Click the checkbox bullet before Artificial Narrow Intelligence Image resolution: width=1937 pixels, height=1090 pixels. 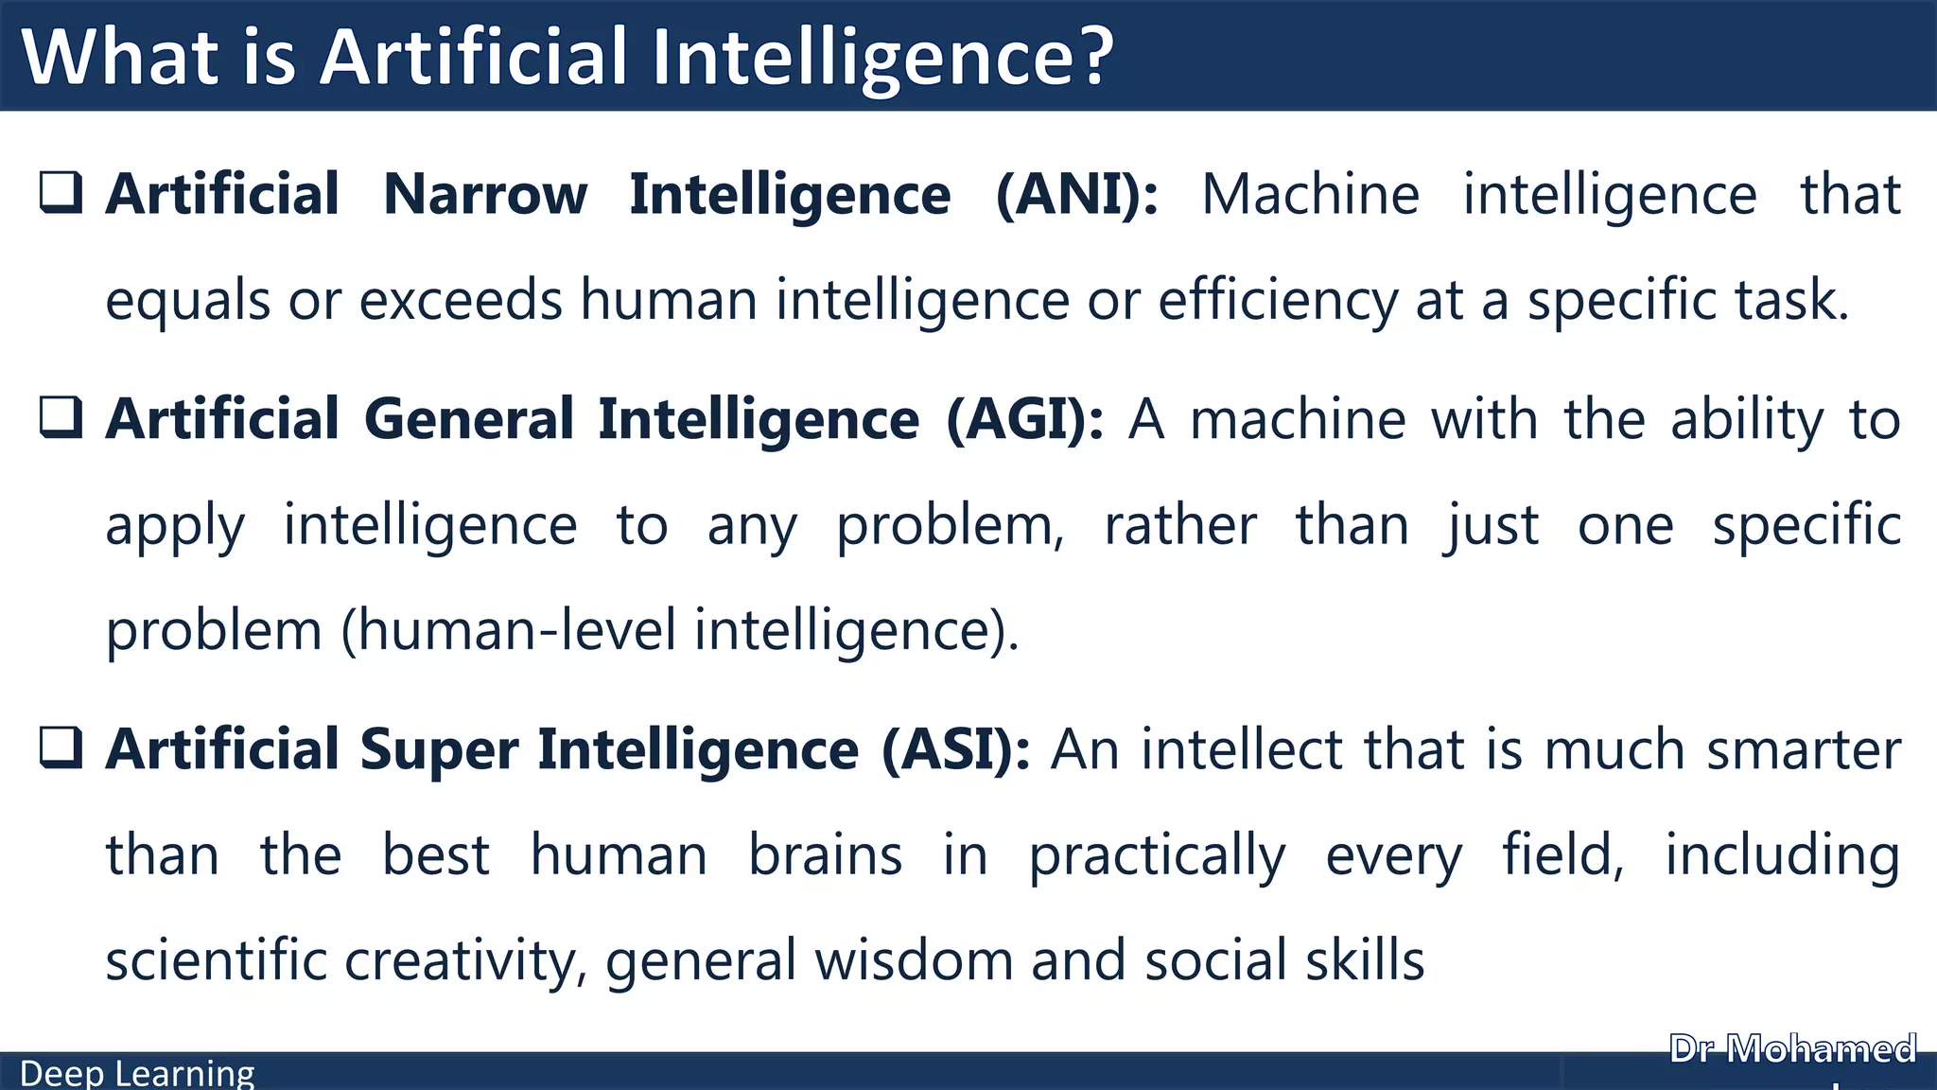61,192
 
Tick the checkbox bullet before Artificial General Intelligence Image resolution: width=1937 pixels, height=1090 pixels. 61,417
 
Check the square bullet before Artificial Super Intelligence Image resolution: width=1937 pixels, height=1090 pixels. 61,747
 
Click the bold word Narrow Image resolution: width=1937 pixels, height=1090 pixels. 485,195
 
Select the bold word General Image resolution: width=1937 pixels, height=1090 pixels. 469,419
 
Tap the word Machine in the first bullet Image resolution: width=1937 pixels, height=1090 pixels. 1311,195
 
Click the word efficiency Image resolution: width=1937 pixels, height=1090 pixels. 1278,302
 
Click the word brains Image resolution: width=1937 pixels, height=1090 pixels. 826,855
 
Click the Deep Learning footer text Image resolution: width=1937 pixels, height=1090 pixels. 137,1074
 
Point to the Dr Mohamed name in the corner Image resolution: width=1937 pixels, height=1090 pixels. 1792,1049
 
